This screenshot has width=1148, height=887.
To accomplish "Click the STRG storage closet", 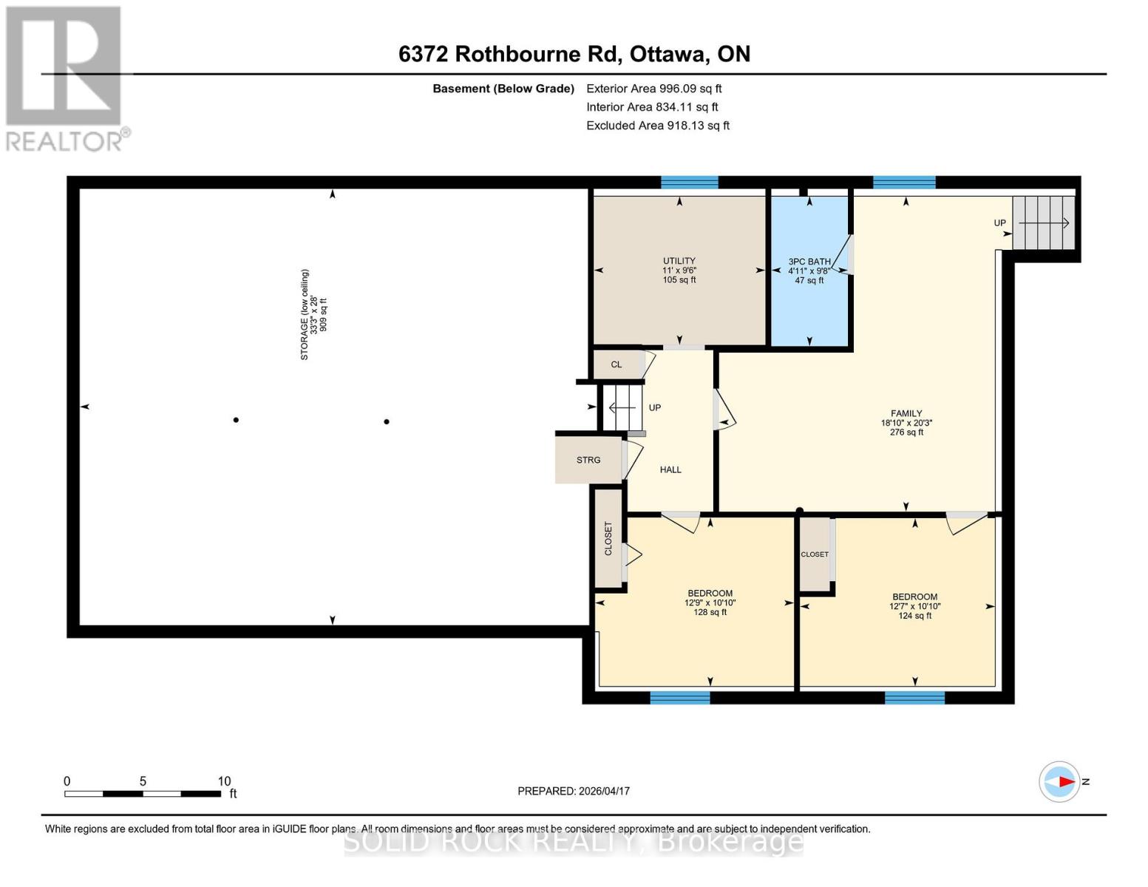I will (588, 460).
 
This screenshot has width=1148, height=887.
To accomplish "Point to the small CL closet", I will (617, 364).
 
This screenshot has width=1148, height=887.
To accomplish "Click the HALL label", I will (670, 469).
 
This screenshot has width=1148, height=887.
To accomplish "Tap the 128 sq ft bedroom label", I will (710, 602).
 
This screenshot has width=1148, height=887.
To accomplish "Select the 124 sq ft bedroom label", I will (914, 605).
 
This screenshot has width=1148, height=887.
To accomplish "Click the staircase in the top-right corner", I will (1042, 223).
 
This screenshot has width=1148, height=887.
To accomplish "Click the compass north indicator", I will (1060, 781).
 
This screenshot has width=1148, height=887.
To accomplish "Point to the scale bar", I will (143, 793).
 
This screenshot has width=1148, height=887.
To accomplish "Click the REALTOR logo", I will (65, 78).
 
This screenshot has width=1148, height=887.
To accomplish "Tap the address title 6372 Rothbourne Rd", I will (574, 54).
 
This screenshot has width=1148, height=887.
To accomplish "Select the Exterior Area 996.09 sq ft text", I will (653, 89).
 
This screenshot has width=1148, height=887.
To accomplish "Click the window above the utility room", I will (689, 183).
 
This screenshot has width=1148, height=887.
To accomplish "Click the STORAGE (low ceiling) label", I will (313, 315).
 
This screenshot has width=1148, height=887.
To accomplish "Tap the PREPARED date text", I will (573, 791).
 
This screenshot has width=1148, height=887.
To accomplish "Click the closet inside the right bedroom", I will (815, 554).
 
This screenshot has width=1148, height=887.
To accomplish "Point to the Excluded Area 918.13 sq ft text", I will (657, 126).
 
